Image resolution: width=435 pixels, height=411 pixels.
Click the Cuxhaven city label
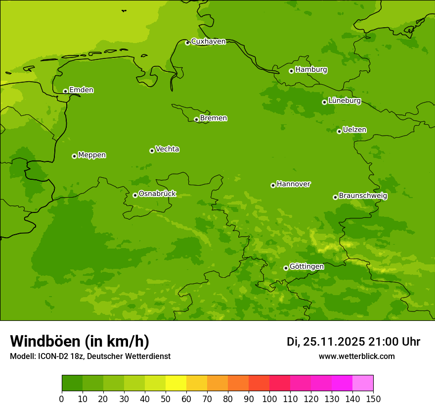208,41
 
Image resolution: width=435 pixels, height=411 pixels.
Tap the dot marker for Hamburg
292,71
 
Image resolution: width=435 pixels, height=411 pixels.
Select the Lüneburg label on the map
345,101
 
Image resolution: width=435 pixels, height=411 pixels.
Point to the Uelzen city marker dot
340,131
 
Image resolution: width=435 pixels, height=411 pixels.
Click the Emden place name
81,90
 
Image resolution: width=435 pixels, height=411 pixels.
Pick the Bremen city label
214,118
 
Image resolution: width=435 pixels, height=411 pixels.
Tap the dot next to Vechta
152,151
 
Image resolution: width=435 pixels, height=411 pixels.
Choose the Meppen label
92,155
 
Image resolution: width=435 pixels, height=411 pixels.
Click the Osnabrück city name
157,194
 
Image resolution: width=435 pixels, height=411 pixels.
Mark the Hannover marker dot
273,185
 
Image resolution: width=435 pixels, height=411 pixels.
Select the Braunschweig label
363,196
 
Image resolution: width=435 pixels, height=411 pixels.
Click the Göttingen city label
306,266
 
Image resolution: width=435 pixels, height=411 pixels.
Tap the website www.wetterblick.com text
356,356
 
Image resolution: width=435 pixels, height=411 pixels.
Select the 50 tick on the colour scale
166,399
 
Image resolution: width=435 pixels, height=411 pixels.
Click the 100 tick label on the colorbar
269,399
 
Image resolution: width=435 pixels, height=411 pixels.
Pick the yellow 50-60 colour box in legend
176,383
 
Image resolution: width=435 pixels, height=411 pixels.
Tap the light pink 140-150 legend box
363,383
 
